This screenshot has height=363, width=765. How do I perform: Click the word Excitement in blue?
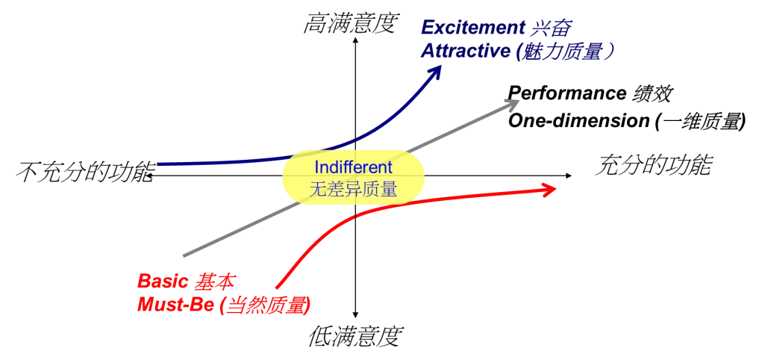pyautogui.click(x=469, y=28)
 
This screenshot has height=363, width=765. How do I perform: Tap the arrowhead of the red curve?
pyautogui.click(x=552, y=190)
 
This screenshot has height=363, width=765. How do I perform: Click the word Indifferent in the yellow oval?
pyautogui.click(x=353, y=168)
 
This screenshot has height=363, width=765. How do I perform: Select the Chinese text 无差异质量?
pyautogui.click(x=353, y=190)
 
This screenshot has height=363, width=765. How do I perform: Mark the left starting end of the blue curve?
pyautogui.click(x=158, y=164)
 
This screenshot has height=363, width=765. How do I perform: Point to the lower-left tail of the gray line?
pyautogui.click(x=184, y=255)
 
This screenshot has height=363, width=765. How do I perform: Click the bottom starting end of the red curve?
pyautogui.click(x=277, y=288)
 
